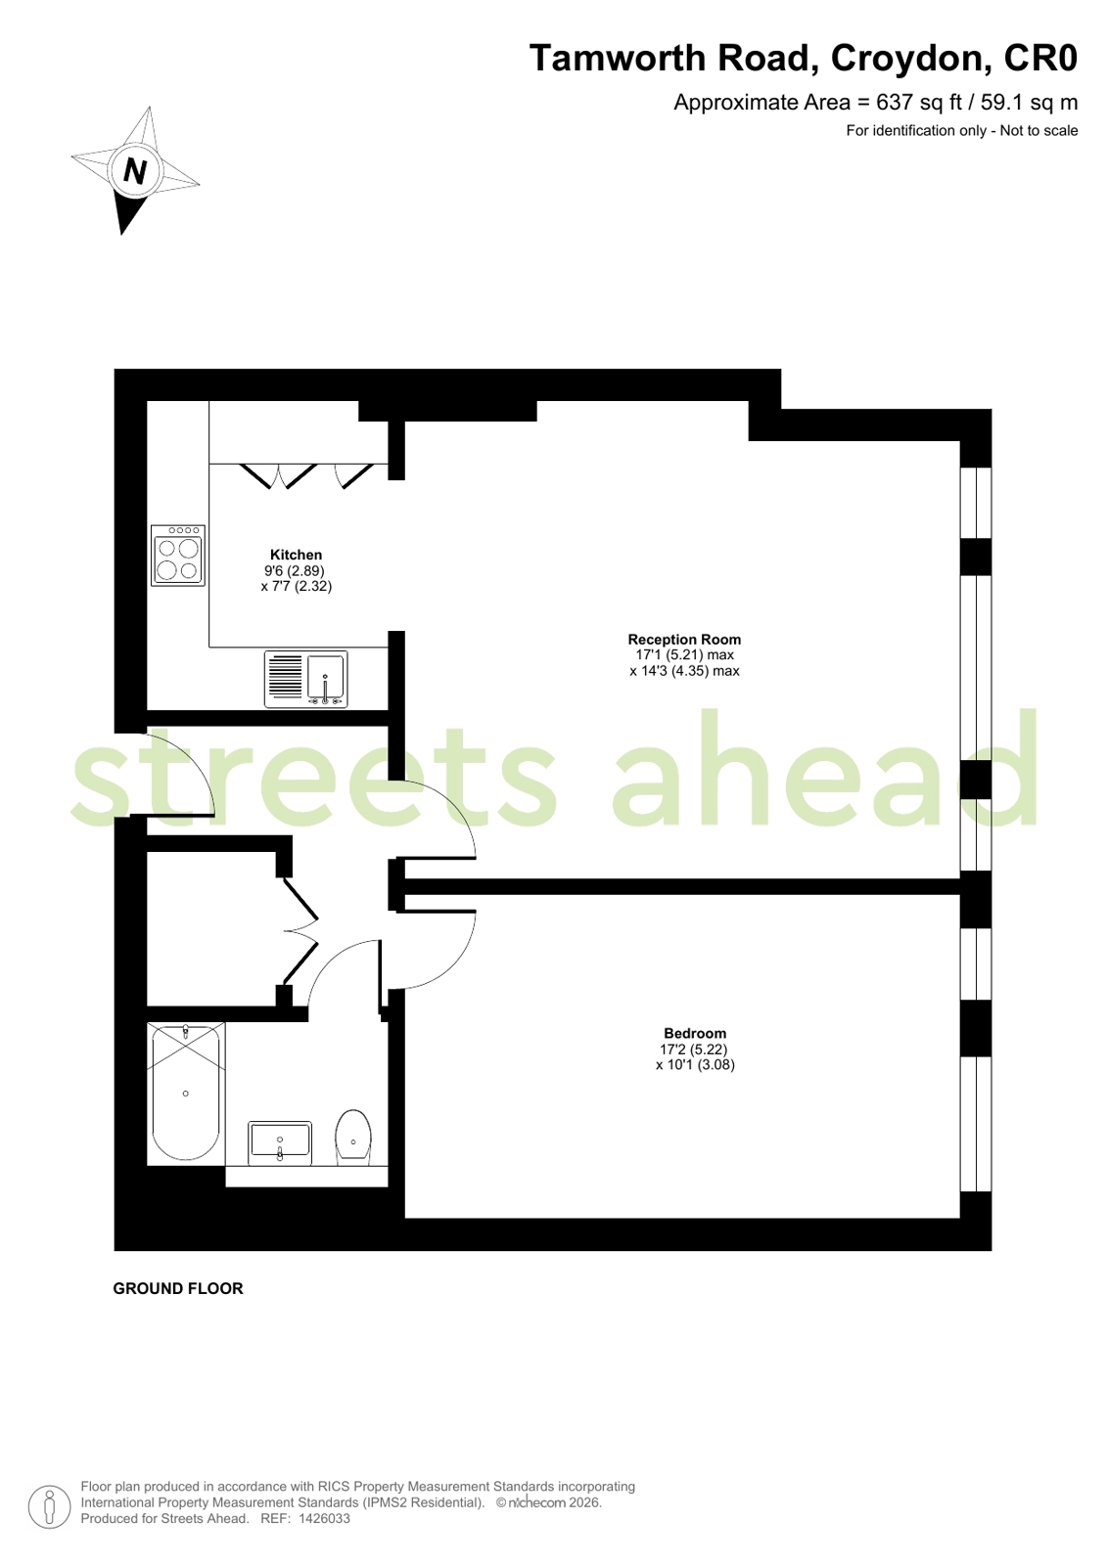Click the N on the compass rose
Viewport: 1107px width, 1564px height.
pos(135,169)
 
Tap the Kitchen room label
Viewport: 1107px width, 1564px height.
pos(297,555)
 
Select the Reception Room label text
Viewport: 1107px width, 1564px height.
pos(684,639)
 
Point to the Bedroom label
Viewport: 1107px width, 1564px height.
pos(695,1033)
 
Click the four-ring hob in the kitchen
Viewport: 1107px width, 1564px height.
pos(178,556)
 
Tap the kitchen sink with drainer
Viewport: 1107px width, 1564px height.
pos(305,679)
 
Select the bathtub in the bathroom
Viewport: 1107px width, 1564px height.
pos(186,1093)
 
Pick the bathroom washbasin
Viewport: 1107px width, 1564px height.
pos(280,1143)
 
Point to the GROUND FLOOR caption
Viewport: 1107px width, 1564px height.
pos(178,1289)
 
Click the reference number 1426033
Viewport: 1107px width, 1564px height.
pos(324,1519)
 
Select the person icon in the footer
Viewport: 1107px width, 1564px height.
pos(50,1506)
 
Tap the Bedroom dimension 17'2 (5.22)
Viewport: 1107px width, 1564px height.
pos(694,1049)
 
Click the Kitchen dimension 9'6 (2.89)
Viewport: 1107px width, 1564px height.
pos(295,570)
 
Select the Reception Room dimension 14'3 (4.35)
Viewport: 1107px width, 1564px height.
pos(685,671)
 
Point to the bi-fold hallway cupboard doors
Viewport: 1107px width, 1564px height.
pos(300,931)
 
